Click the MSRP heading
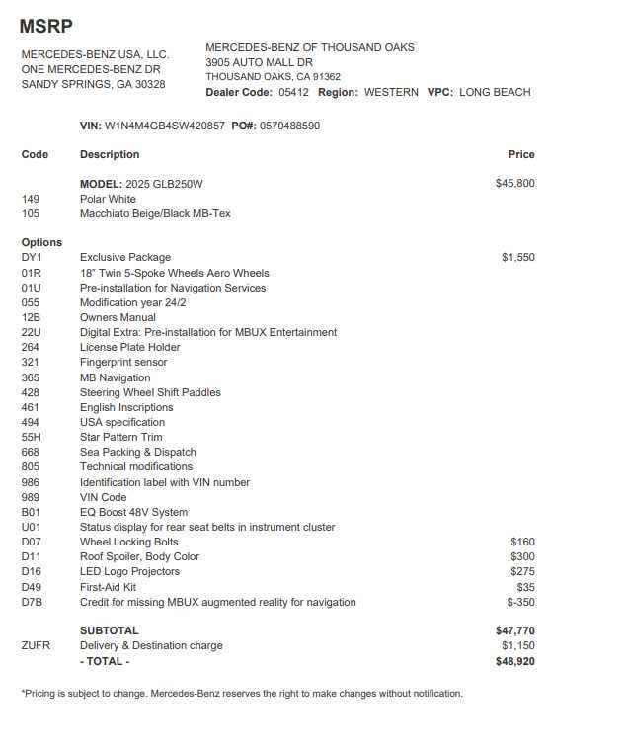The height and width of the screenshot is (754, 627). click(x=45, y=27)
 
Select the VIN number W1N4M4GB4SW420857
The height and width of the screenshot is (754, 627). click(x=165, y=126)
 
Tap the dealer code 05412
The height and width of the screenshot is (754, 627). click(x=293, y=92)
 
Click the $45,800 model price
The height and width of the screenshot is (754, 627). click(x=514, y=183)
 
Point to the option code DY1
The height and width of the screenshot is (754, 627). click(x=32, y=257)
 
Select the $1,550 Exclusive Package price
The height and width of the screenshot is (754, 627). click(x=517, y=257)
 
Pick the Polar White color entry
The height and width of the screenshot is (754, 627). click(x=108, y=199)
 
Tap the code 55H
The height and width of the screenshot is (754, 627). click(x=32, y=437)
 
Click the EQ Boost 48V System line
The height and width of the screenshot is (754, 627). click(x=133, y=512)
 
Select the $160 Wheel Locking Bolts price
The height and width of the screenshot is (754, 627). click(x=522, y=542)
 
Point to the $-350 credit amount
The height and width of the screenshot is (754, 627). click(x=520, y=602)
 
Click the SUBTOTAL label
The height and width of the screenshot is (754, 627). click(x=109, y=630)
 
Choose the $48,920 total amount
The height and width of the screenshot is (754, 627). click(x=514, y=661)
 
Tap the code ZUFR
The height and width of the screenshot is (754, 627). click(x=36, y=645)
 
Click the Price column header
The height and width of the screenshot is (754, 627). click(x=520, y=154)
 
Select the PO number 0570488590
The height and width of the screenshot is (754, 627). click(x=289, y=126)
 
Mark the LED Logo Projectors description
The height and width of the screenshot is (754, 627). click(x=129, y=571)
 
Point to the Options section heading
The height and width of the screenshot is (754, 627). click(x=41, y=242)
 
